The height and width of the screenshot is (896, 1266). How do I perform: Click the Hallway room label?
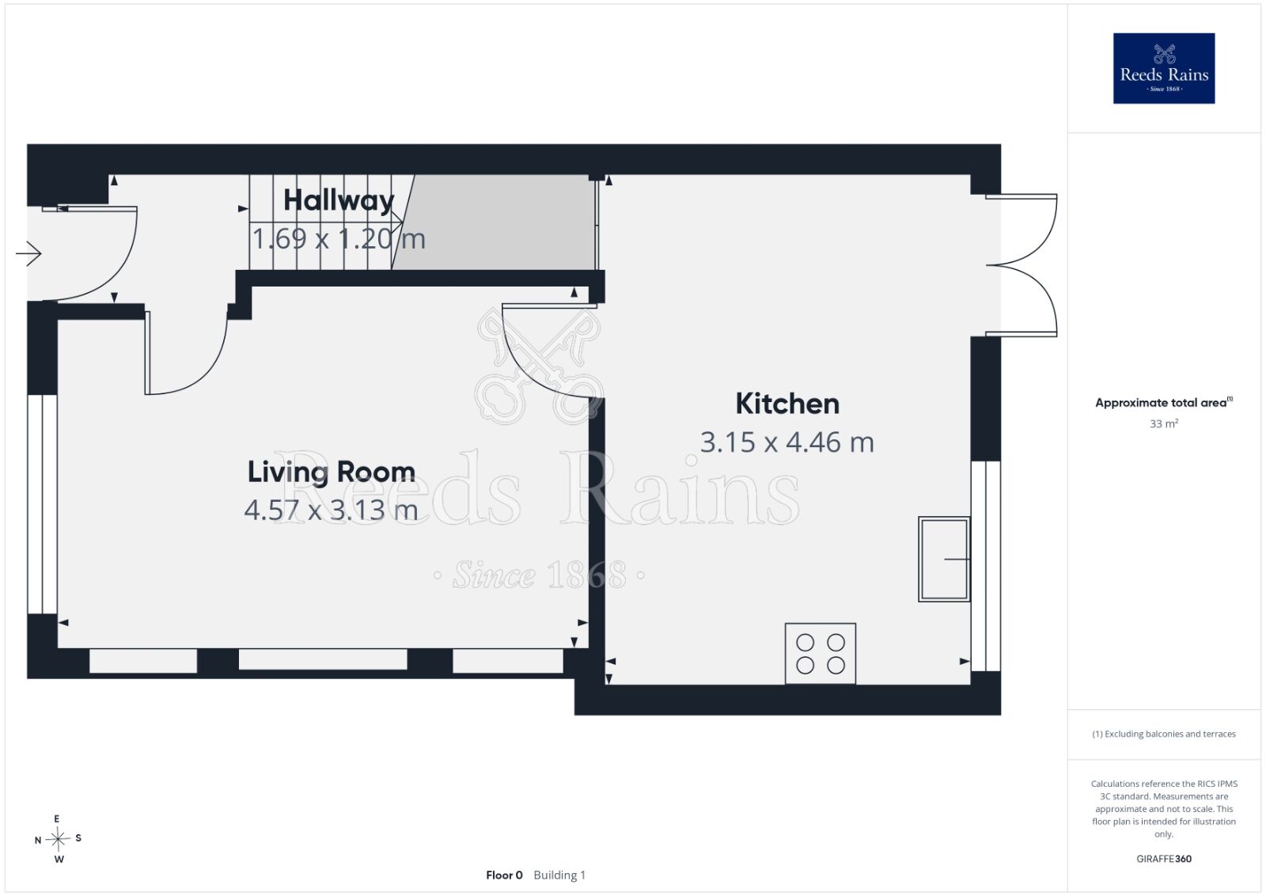coord(339,201)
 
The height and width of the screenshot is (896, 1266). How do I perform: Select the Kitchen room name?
coord(787,404)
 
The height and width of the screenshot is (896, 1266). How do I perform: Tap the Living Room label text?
coord(332,473)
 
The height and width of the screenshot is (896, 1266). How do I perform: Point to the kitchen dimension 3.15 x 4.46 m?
coord(787,442)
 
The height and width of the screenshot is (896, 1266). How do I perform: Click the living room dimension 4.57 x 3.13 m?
coord(332,510)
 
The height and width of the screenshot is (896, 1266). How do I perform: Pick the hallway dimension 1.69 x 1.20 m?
coord(339,238)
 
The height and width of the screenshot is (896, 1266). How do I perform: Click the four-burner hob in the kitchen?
coord(820,654)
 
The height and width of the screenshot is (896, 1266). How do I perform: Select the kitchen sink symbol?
coord(944,559)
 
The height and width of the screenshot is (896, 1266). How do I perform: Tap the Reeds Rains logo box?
coord(1164,68)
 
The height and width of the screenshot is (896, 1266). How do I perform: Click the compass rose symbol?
coord(58,840)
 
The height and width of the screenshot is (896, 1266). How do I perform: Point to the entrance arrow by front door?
coord(28,253)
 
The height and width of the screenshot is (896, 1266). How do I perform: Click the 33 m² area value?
coord(1164,423)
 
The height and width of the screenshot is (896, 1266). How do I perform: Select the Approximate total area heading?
coord(1164,403)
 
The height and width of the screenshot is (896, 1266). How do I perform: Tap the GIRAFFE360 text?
coord(1164,859)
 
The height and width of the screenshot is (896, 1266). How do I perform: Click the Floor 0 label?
coord(504,875)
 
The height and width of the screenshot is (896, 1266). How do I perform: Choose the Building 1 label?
coord(559,875)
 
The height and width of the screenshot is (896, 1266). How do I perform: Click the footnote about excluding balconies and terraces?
coord(1164,734)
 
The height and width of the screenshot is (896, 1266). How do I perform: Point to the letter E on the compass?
coord(56,818)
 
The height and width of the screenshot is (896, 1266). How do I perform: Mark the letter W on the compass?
coord(59,860)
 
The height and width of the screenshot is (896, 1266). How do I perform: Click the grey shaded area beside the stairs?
coord(498,222)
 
